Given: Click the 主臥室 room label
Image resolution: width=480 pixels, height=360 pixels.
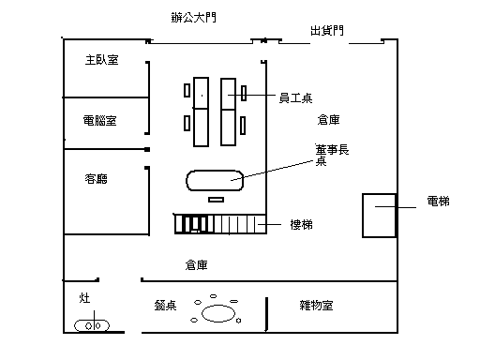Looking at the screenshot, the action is (x=102, y=60).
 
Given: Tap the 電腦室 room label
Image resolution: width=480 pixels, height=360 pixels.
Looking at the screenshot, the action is (x=100, y=120).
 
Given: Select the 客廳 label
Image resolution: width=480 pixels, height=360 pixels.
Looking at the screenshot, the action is (x=97, y=179).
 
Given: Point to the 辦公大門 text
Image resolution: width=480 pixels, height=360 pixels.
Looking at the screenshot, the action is (x=194, y=17).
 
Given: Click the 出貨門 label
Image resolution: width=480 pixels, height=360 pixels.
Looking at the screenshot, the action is (x=327, y=31).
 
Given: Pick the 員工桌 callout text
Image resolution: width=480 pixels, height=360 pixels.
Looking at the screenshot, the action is (x=295, y=98).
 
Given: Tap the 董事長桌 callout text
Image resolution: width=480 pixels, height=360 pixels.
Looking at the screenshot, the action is (x=332, y=155).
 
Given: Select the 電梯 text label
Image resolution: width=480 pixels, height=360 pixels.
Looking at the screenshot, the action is (x=439, y=201).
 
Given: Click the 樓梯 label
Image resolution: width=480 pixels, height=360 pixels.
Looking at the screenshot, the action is (x=302, y=224).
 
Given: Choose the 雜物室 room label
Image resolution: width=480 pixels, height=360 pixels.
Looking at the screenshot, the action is (x=316, y=305).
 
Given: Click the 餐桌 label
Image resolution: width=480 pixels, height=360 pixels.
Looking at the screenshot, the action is (x=165, y=306).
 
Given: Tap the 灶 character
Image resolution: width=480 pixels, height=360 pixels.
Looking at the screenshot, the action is (x=84, y=298).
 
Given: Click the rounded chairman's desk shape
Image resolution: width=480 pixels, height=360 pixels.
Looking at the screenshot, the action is (x=215, y=171).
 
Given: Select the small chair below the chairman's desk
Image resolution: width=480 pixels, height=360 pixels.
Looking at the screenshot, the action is (x=216, y=200).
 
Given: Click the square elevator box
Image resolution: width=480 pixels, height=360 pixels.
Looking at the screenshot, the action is (x=363, y=216).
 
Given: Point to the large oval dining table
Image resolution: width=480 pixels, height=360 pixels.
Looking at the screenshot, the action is (x=218, y=306).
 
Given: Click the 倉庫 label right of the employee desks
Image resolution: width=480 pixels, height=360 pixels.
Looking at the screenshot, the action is (x=329, y=120).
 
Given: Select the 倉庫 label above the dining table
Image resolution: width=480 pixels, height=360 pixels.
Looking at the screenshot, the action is (x=196, y=265).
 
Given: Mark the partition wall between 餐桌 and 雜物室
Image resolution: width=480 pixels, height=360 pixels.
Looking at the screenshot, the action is (x=266, y=314).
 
